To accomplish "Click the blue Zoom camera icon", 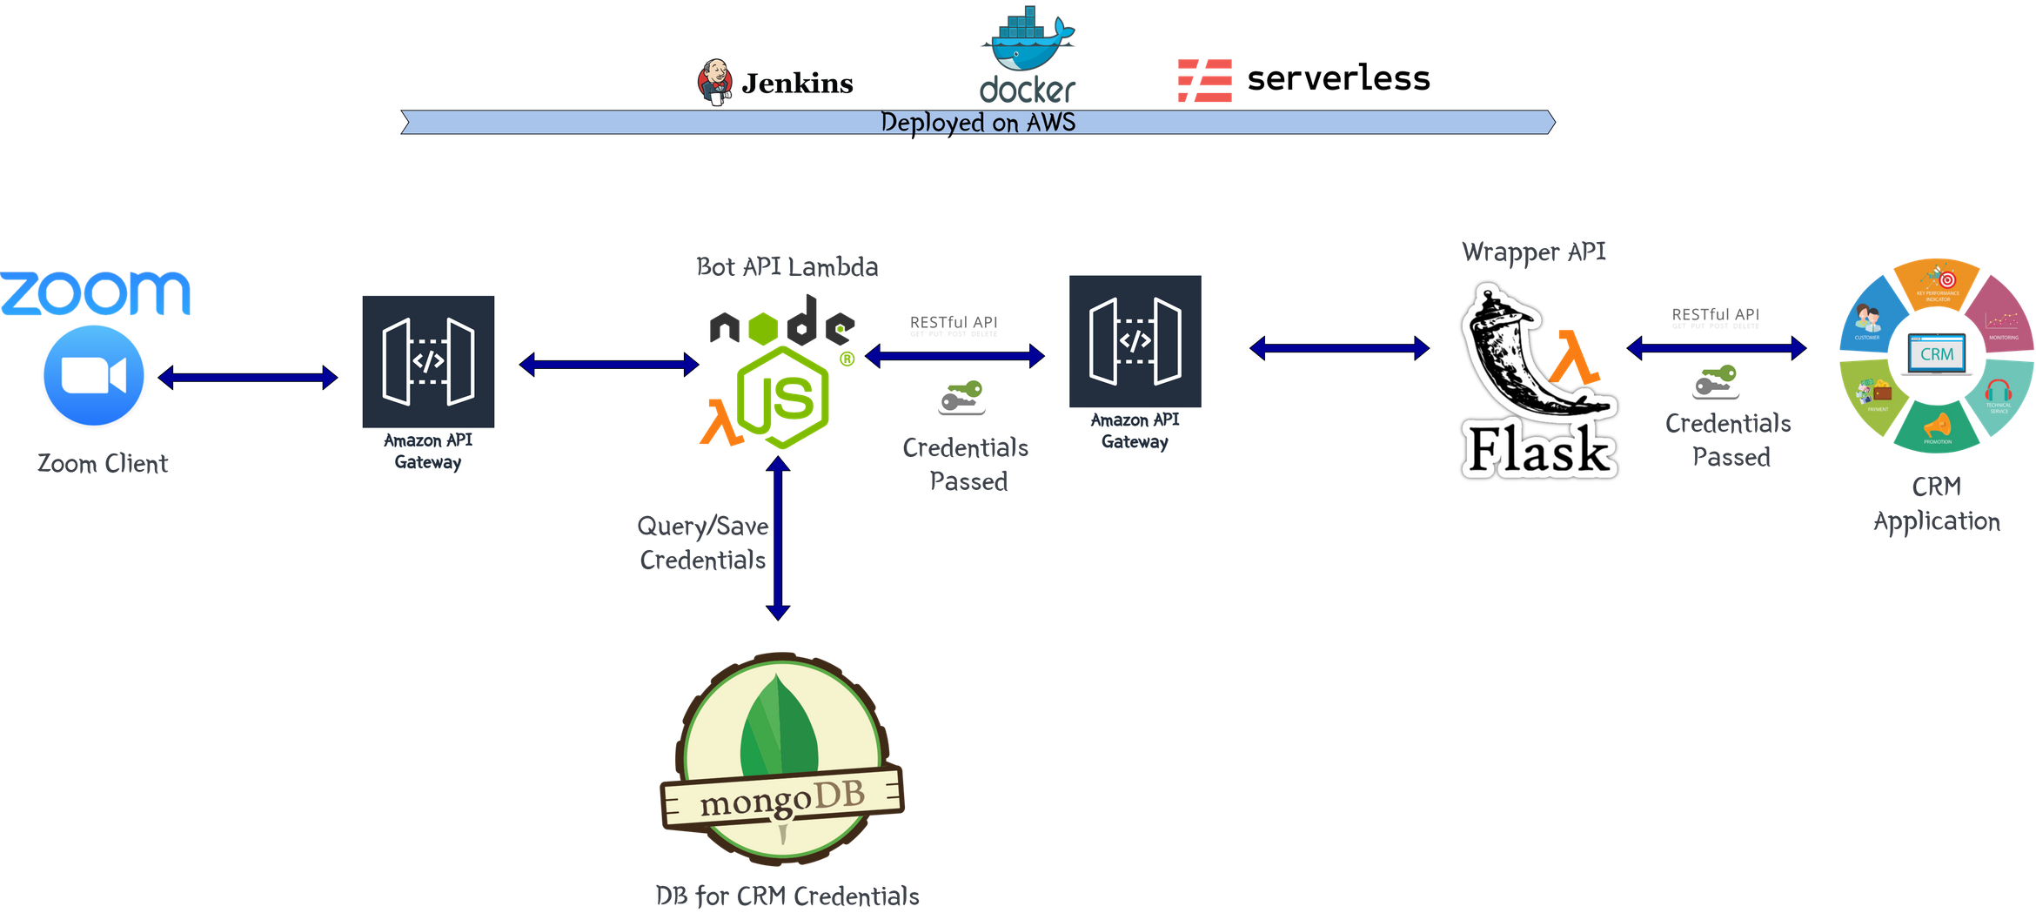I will coord(94,375).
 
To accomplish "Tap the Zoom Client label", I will coord(103,463).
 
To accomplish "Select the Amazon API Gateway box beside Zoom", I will coord(428,384).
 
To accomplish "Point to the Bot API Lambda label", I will coord(787,266).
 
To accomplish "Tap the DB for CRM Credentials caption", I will coord(787,896).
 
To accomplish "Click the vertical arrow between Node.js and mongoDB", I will coord(779,540).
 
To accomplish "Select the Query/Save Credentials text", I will coord(703,542).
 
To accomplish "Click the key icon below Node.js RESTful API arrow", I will coord(961,396).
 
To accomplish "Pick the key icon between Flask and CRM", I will coord(1715,380).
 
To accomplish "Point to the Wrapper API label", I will coord(1534,252).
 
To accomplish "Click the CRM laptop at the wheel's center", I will coord(1937,354).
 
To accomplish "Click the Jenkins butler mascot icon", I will coord(715,83).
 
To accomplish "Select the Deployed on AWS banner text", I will coord(978,122).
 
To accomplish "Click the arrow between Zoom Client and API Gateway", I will coord(248,377).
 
